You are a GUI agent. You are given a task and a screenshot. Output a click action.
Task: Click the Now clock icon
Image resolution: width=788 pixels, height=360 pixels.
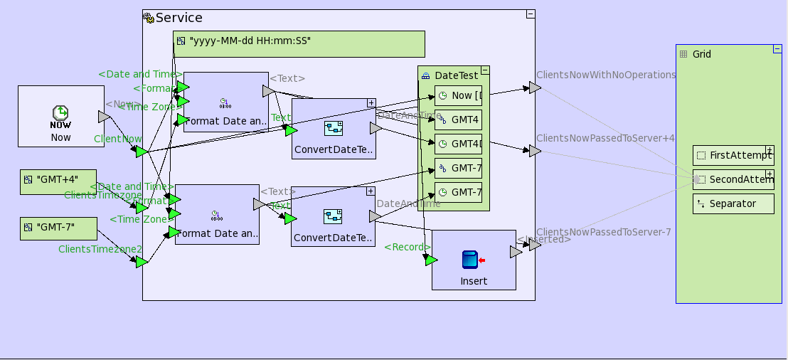pyautogui.click(x=60, y=114)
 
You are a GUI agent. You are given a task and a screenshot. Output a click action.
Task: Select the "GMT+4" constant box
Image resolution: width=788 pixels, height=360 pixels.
pyautogui.click(x=58, y=182)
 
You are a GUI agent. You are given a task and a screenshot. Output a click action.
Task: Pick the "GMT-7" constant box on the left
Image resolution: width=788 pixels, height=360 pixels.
pyautogui.click(x=58, y=228)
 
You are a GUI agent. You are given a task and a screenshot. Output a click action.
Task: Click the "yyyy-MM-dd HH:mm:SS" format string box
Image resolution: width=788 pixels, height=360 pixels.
pyautogui.click(x=299, y=43)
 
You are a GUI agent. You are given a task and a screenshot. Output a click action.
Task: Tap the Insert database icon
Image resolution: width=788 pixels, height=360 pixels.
pyautogui.click(x=469, y=260)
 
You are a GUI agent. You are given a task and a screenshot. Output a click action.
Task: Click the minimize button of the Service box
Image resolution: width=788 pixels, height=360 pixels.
pyautogui.click(x=531, y=14)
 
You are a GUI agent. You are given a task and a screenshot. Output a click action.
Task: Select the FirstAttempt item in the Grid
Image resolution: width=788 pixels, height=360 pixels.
pyautogui.click(x=732, y=155)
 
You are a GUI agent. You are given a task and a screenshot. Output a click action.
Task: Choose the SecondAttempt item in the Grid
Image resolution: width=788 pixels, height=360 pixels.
pyautogui.click(x=732, y=179)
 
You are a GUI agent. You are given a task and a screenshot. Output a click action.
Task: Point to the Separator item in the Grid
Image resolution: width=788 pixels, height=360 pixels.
pyautogui.click(x=733, y=203)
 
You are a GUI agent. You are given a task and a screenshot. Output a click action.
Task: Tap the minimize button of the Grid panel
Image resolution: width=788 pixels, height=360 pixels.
pyautogui.click(x=777, y=49)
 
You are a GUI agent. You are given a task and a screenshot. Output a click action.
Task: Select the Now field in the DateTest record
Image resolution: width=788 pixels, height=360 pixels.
pyautogui.click(x=459, y=95)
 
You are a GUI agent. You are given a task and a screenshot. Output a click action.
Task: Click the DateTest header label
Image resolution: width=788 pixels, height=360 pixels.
pyautogui.click(x=456, y=75)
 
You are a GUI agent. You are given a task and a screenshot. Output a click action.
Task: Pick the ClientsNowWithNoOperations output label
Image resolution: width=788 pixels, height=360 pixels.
pyautogui.click(x=605, y=75)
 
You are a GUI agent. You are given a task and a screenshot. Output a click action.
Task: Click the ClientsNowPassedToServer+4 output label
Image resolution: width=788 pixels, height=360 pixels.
pyautogui.click(x=605, y=138)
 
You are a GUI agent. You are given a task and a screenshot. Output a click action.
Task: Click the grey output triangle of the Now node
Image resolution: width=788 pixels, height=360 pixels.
pyautogui.click(x=104, y=117)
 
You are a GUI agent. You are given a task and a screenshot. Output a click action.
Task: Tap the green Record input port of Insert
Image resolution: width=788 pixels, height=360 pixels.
pyautogui.click(x=431, y=260)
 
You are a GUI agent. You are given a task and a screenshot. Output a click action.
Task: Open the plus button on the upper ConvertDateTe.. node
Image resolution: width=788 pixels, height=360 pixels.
pyautogui.click(x=371, y=102)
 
